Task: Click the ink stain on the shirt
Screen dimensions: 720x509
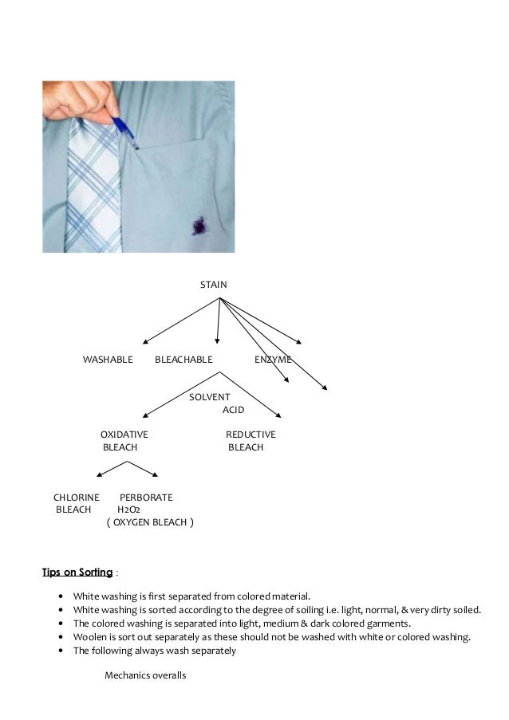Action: tap(193, 227)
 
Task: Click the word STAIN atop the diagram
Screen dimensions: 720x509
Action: tap(213, 285)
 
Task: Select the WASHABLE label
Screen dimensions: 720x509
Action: tap(108, 360)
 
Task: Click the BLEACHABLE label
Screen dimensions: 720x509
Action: tap(183, 360)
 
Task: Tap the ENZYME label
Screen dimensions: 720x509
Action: tap(273, 360)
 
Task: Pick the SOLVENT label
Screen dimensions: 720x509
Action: tap(209, 397)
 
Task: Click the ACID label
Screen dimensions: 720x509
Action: tap(233, 410)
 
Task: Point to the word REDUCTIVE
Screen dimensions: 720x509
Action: tap(251, 435)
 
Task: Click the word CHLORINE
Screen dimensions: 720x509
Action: tap(76, 498)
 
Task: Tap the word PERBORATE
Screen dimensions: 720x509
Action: tap(146, 498)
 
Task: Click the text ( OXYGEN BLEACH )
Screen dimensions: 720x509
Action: tap(149, 523)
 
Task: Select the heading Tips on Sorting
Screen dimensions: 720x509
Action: tap(77, 572)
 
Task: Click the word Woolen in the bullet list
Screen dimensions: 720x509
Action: tap(89, 636)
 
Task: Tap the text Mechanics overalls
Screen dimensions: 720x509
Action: tap(145, 676)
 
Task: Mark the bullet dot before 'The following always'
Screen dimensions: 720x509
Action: tap(61, 651)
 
